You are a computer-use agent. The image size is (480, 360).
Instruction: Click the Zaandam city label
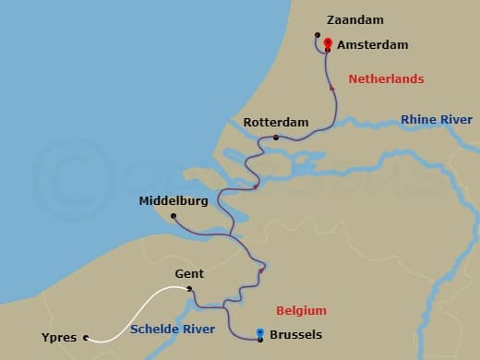point(355,19)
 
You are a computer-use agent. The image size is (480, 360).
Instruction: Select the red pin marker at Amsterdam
point(328,42)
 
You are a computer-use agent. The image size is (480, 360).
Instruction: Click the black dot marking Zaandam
point(317,38)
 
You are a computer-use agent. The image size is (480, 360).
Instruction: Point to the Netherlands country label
point(386,79)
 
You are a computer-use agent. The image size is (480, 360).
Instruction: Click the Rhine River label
point(436,120)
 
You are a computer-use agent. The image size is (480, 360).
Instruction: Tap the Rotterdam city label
point(276,123)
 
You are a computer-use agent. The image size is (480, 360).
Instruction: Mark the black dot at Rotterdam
point(276,138)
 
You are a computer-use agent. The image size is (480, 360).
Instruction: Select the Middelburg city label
point(174,200)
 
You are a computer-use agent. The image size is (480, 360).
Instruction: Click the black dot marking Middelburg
point(173,217)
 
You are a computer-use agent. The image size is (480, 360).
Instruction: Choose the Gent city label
point(189,274)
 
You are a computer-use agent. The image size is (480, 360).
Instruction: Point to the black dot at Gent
point(189,289)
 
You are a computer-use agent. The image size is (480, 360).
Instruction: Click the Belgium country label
point(301,310)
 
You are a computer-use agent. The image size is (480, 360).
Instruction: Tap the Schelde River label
point(173,329)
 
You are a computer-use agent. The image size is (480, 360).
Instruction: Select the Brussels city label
point(301,337)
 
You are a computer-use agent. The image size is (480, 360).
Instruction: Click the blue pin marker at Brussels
point(260,334)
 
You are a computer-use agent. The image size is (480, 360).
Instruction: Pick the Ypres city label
point(59,338)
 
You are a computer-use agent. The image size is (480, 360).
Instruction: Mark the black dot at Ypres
point(86,338)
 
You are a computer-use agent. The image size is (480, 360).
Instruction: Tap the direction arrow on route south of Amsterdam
point(331,89)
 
